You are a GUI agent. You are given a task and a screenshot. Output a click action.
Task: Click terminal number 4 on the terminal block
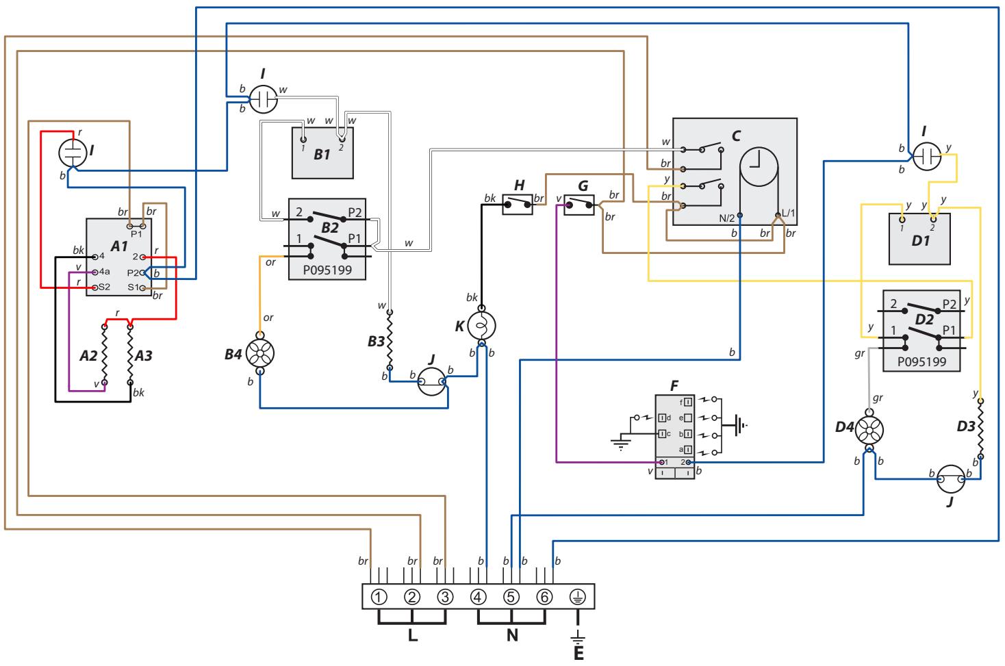pyautogui.click(x=479, y=597)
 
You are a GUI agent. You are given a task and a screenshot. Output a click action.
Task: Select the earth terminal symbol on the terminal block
pyautogui.click(x=577, y=597)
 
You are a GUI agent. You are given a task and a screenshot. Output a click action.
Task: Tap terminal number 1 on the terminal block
pyautogui.click(x=379, y=597)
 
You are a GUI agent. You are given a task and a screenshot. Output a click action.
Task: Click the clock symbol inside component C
pyautogui.click(x=759, y=166)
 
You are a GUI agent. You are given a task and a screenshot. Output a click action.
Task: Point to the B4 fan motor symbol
pyautogui.click(x=260, y=353)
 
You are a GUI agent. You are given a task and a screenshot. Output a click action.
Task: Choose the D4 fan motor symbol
pyautogui.click(x=869, y=430)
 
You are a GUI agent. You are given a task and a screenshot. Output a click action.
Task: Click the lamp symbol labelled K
pyautogui.click(x=482, y=326)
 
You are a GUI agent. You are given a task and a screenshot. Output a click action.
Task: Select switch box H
pyautogui.click(x=518, y=205)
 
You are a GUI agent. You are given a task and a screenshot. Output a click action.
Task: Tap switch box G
pyautogui.click(x=578, y=205)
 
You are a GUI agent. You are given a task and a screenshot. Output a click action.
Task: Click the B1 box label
pyautogui.click(x=322, y=155)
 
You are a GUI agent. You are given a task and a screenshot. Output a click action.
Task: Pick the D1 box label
pyautogui.click(x=921, y=241)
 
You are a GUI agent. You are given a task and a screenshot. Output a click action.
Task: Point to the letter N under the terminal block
pyautogui.click(x=512, y=635)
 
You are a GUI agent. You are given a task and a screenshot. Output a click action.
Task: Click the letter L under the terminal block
pyautogui.click(x=413, y=635)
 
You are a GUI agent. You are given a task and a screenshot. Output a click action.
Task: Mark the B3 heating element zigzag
pyautogui.click(x=390, y=340)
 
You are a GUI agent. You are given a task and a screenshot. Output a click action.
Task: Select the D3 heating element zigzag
pyautogui.click(x=980, y=428)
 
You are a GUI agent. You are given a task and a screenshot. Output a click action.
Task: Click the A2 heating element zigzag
pyautogui.click(x=105, y=355)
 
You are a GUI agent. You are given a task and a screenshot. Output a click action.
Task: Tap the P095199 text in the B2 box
pyautogui.click(x=327, y=270)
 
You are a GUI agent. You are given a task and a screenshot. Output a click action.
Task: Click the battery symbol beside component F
pyautogui.click(x=740, y=424)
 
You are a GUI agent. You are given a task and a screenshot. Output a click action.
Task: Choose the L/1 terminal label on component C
pyautogui.click(x=788, y=213)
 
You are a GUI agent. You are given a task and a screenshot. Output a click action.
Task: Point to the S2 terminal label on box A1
pyautogui.click(x=104, y=287)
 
